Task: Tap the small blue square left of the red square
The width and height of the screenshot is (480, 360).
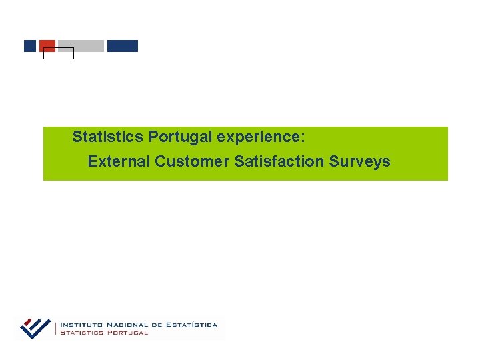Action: [29, 46]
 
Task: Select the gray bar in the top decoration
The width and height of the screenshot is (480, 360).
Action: [81, 46]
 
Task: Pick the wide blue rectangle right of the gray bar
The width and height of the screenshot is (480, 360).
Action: [123, 46]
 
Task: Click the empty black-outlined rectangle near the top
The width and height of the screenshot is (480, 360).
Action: [59, 54]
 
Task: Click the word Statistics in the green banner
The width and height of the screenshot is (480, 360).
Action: [107, 137]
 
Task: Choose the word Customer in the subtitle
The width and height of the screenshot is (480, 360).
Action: [193, 161]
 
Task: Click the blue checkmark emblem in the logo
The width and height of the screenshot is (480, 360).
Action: [35, 327]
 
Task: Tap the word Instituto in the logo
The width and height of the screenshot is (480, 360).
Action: [83, 325]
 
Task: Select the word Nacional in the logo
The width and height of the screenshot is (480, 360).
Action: [129, 325]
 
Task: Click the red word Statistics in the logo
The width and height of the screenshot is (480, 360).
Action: [82, 333]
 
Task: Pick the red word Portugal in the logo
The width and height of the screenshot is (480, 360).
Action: [127, 333]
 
